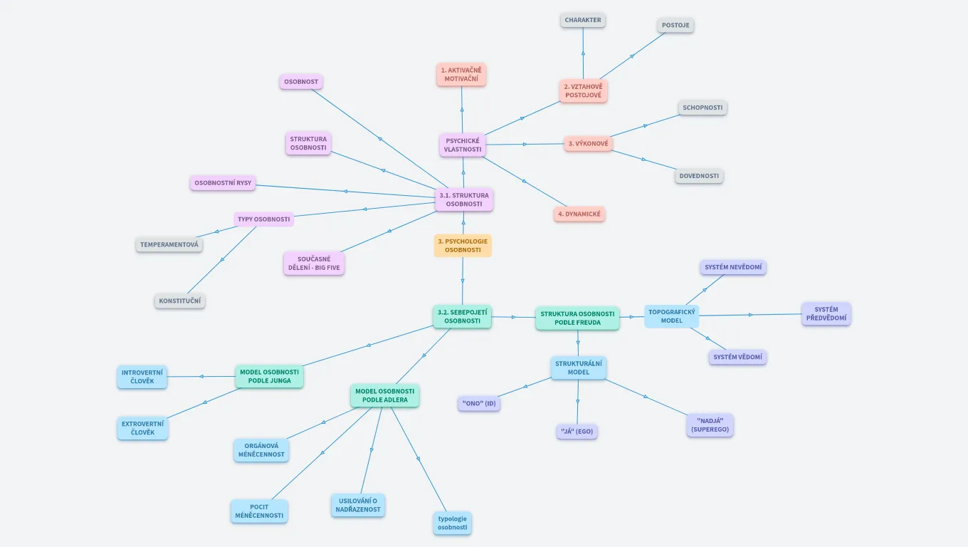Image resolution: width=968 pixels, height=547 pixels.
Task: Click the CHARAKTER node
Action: [583, 20]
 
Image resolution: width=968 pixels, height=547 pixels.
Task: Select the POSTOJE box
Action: [675, 25]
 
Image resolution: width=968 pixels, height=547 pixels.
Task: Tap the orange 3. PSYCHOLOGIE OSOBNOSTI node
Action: [463, 246]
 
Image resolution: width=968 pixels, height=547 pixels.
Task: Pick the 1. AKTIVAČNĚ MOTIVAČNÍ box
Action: [461, 74]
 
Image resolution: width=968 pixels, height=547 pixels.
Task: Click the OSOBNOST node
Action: [301, 82]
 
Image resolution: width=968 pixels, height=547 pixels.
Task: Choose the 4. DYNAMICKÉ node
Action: [579, 214]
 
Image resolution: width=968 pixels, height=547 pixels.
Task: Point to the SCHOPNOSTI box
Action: [703, 108]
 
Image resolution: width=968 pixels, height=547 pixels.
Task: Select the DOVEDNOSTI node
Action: [699, 176]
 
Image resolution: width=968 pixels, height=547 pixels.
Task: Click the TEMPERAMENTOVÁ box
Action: [169, 244]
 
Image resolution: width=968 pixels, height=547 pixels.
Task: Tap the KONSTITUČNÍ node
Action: [180, 301]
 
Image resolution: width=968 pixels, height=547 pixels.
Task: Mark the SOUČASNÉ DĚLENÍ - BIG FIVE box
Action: [314, 263]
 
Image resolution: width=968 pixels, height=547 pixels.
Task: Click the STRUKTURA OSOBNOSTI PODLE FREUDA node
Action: [577, 318]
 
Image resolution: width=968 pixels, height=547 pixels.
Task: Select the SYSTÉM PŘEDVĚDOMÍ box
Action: [826, 314]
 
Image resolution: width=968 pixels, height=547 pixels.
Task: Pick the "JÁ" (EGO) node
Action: [577, 431]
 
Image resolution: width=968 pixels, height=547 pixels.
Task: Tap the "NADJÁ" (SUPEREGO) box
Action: [710, 425]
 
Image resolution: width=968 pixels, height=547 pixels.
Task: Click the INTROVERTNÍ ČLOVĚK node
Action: [142, 377]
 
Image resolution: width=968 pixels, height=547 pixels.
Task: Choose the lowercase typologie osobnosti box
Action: [453, 523]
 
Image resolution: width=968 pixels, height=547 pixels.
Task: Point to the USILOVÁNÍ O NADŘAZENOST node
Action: [358, 505]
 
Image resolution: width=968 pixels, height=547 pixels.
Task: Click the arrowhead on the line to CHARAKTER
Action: [583, 53]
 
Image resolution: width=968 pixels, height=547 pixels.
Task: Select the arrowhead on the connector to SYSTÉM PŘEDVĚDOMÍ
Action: [749, 314]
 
